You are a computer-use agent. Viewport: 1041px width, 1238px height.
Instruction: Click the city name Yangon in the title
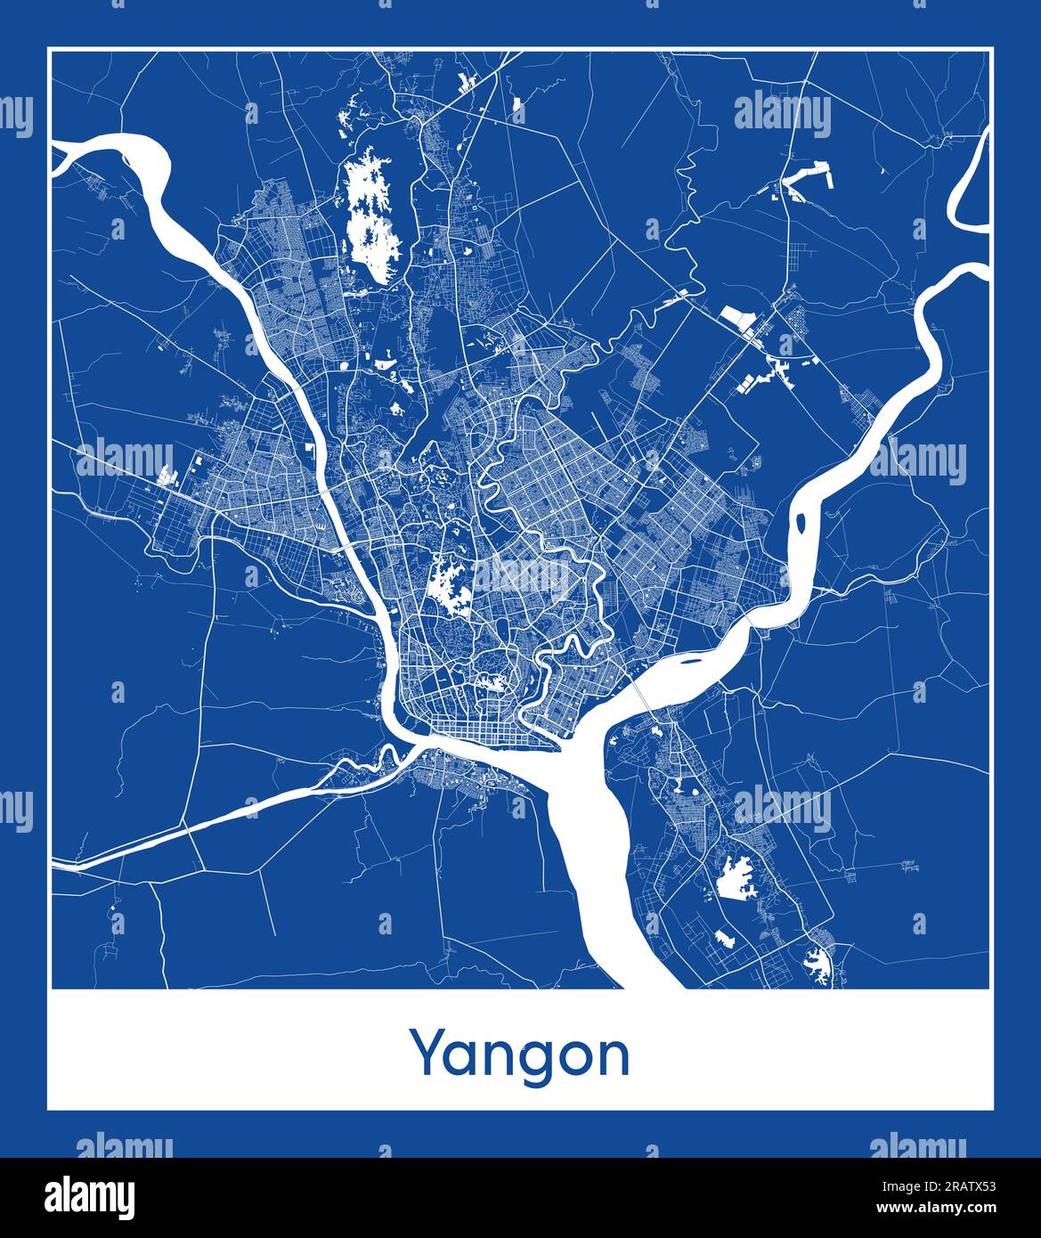pos(519,1055)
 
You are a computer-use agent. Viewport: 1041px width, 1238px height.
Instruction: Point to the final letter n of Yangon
pos(612,1056)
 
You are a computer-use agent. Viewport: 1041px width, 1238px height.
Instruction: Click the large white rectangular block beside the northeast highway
pos(736,315)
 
